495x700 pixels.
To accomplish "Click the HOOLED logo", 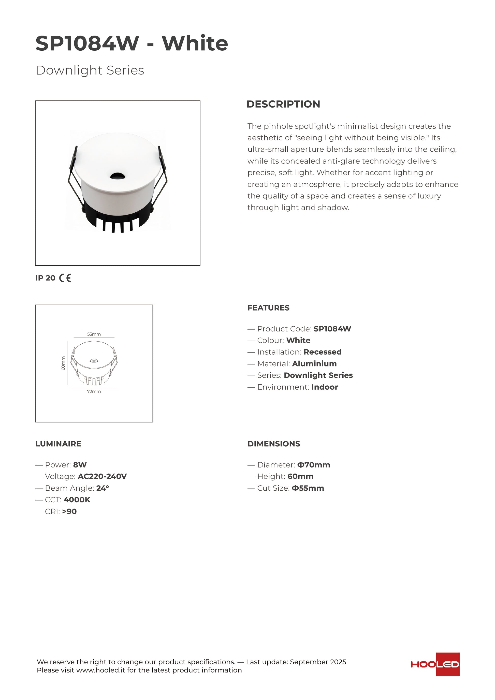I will pyautogui.click(x=435, y=664).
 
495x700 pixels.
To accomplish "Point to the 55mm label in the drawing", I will pyautogui.click(x=94, y=334).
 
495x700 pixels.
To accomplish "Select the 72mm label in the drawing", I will pyautogui.click(x=94, y=391).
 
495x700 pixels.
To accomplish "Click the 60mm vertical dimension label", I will pyautogui.click(x=63, y=363).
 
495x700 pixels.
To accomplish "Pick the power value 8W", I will pyautogui.click(x=80, y=465).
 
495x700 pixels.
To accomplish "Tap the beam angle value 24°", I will pyautogui.click(x=103, y=488).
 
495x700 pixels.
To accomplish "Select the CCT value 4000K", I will pyautogui.click(x=77, y=500).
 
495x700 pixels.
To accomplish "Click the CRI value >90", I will pyautogui.click(x=69, y=512).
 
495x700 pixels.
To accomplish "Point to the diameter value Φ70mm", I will pyautogui.click(x=314, y=465).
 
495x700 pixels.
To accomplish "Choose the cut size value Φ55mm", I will pyautogui.click(x=308, y=488).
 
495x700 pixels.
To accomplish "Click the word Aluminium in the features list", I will pyautogui.click(x=314, y=364).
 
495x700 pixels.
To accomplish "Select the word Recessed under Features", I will pyautogui.click(x=323, y=352).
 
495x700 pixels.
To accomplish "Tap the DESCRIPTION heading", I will pyautogui.click(x=283, y=104).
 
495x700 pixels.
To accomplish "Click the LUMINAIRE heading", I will pyautogui.click(x=58, y=444).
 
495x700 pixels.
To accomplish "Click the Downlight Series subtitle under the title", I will pyautogui.click(x=90, y=70).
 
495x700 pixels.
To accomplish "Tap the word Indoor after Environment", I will pyautogui.click(x=325, y=387).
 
